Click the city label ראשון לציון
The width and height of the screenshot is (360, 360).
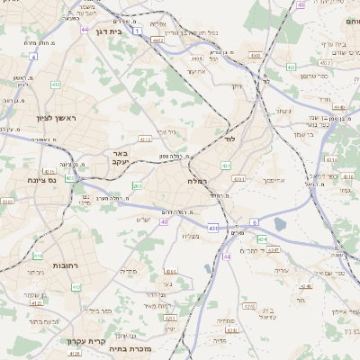pos(38,119)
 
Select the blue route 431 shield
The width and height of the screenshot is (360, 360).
pos(213,229)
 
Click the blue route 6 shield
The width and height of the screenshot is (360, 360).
pos(255,220)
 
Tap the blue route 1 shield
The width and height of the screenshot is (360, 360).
pos(137,31)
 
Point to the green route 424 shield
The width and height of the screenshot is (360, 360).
pos(262,238)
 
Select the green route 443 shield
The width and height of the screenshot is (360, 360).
pos(290,67)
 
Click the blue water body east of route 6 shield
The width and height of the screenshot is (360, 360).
pos(279,224)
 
